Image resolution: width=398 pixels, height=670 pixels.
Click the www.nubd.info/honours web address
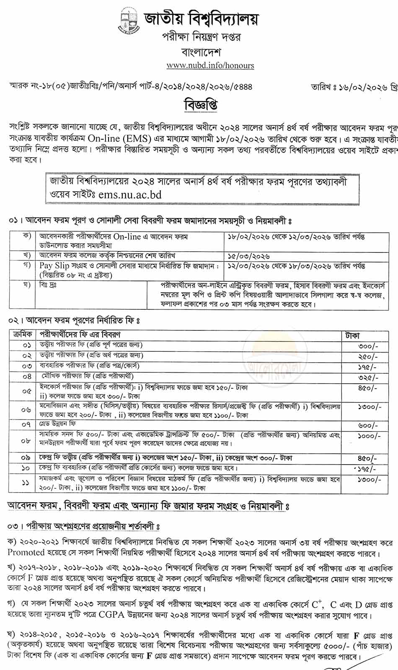210,65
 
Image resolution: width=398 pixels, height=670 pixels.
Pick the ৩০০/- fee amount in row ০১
368,346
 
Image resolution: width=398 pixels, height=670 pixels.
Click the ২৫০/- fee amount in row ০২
368,357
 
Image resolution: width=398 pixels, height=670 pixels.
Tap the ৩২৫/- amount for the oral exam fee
368,377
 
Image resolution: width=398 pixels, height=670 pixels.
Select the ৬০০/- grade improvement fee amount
368,426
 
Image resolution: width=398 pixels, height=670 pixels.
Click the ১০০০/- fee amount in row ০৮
369,436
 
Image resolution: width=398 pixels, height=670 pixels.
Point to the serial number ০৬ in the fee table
26,410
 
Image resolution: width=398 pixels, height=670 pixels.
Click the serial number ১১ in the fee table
26,483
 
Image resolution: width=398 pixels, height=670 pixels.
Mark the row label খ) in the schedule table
28,255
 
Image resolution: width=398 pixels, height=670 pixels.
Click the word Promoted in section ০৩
26,553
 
